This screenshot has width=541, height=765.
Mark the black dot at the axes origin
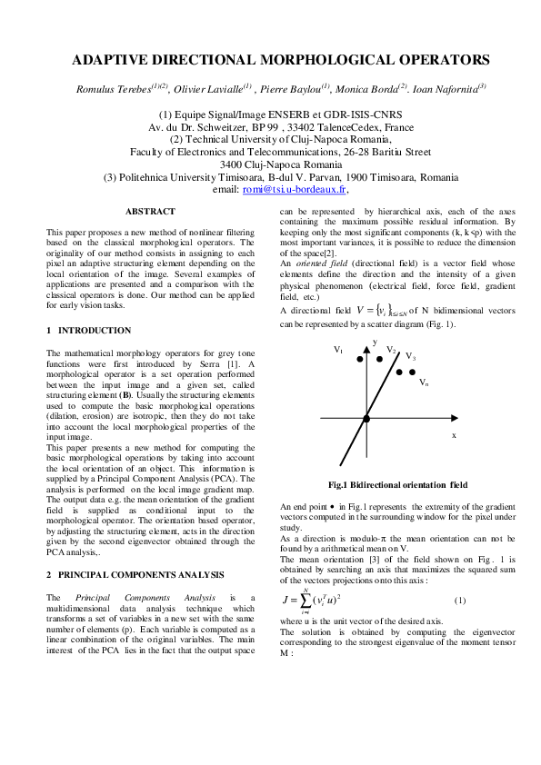tap(366, 418)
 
